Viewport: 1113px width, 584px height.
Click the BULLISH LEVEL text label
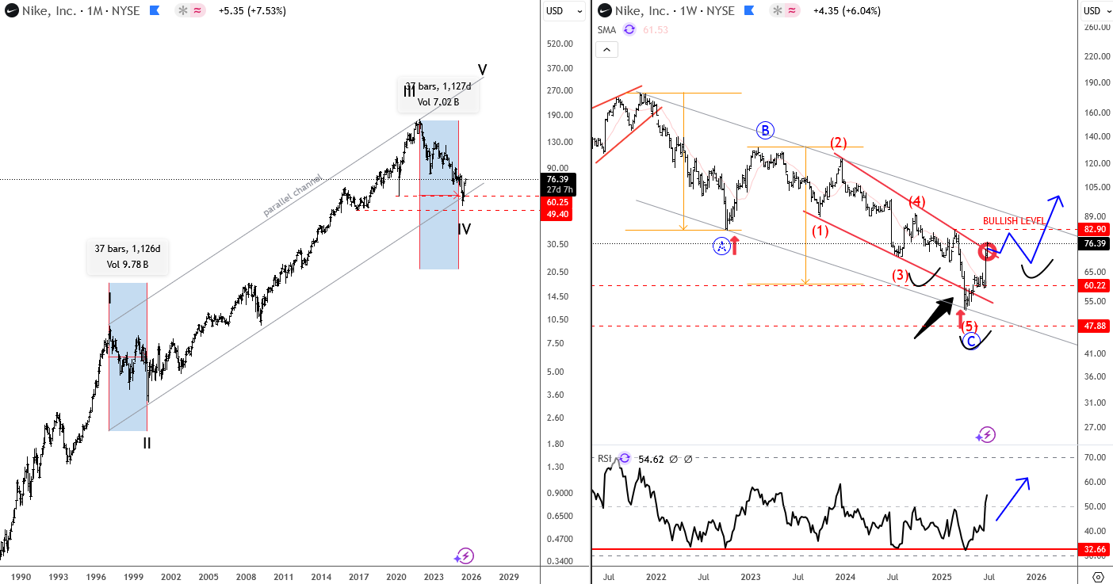tap(1014, 220)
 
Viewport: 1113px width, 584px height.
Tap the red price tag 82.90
tap(1096, 228)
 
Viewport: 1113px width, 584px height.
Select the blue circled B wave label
tap(764, 131)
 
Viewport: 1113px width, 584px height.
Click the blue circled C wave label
tap(971, 341)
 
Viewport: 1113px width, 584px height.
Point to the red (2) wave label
tap(839, 143)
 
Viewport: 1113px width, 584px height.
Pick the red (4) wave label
tap(917, 201)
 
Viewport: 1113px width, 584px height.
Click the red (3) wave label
tap(899, 276)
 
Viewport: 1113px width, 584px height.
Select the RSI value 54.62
tap(653, 458)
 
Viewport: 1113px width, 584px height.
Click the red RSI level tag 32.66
tap(1096, 548)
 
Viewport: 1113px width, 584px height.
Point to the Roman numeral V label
tap(482, 68)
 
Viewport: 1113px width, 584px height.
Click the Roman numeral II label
tap(147, 444)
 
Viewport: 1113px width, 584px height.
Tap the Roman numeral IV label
tap(465, 230)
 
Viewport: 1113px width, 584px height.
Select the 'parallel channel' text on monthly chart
tap(293, 196)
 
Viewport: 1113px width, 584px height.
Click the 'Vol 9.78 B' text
tap(127, 263)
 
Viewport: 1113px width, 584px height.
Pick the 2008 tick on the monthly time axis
tap(246, 578)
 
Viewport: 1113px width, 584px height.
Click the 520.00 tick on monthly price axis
tap(559, 45)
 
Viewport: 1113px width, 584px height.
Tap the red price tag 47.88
tap(1096, 326)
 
